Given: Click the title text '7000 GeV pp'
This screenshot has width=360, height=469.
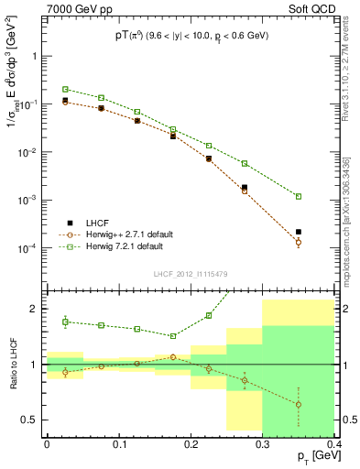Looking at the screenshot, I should (74, 10).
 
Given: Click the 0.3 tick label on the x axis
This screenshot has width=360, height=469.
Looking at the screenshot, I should (263, 445).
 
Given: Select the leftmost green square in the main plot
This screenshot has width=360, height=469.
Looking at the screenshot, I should (65, 89).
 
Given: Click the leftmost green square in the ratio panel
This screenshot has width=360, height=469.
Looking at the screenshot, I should (65, 321).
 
